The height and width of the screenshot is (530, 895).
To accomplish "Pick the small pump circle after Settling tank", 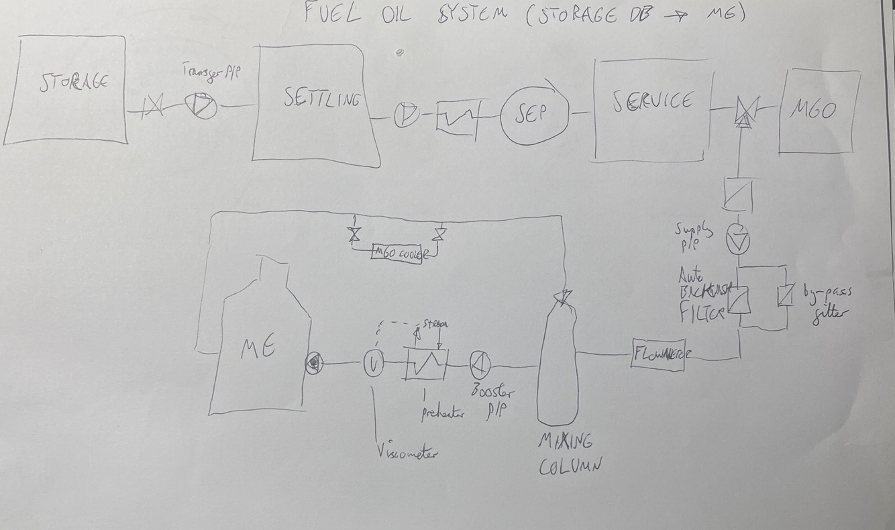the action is (x=405, y=115).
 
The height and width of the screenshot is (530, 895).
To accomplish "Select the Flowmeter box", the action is (x=661, y=355).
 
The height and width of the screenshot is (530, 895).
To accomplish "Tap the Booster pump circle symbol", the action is (x=480, y=363).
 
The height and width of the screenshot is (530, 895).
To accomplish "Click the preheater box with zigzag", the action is (x=425, y=363).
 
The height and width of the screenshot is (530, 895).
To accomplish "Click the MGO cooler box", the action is (x=397, y=252).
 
